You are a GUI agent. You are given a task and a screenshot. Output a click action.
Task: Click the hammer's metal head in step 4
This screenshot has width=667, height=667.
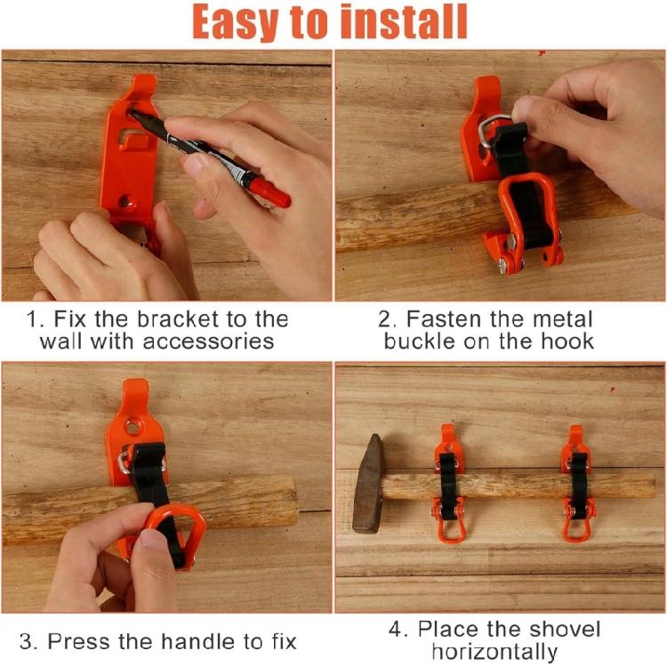pyautogui.click(x=368, y=484)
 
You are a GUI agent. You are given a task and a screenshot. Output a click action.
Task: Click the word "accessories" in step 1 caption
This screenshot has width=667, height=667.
pyautogui.click(x=208, y=342)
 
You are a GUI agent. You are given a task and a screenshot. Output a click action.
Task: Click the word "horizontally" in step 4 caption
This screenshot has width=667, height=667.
pyautogui.click(x=494, y=652)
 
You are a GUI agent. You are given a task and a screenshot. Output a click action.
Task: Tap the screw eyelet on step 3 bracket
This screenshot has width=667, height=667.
pyautogui.click(x=133, y=426)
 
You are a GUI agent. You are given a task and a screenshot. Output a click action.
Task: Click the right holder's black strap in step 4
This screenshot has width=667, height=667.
pyautogui.click(x=579, y=485)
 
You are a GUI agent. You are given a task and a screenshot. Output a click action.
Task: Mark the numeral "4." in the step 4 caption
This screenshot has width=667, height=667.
pyautogui.click(x=398, y=629)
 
